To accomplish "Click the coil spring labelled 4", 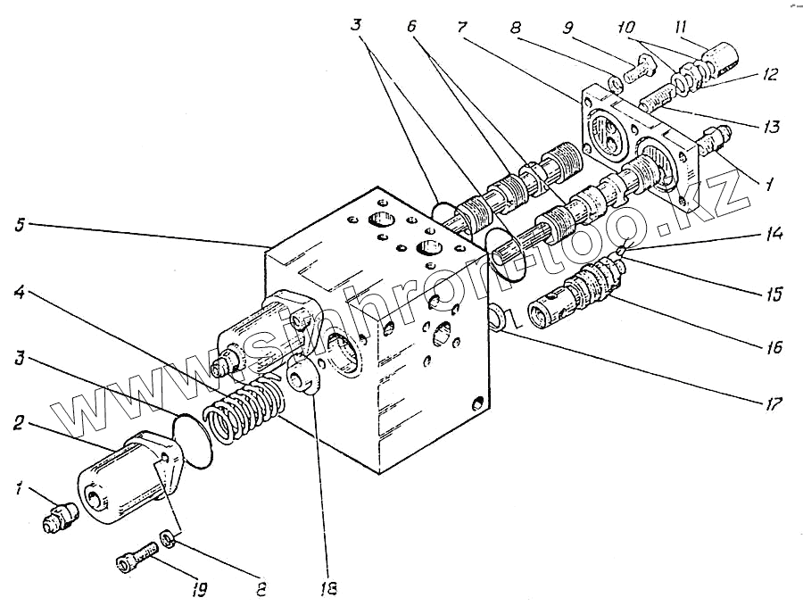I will tap(243, 408).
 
